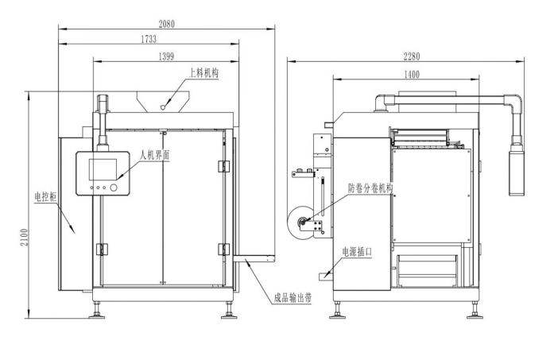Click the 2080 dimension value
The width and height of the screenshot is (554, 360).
pos(166,23)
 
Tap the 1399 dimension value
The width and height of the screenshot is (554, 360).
pos(167,56)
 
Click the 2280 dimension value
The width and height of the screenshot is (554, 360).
pos(411,56)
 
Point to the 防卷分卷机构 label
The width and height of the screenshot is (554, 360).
pos(371,188)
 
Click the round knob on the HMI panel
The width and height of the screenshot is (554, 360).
pos(114,188)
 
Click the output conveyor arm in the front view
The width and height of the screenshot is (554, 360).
pos(254,258)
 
